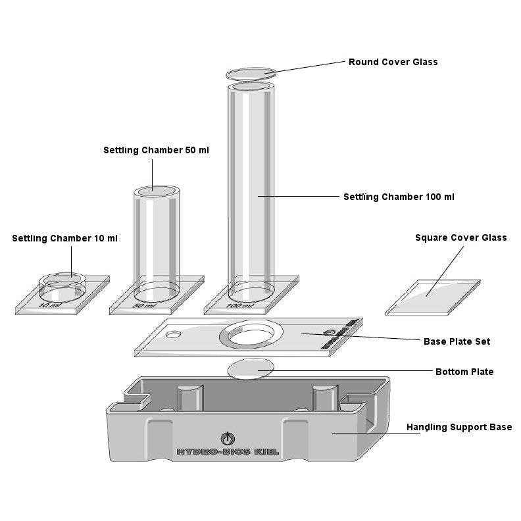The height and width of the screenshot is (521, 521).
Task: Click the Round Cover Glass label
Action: (x=393, y=62)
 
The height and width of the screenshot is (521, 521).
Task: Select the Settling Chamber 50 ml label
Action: (x=156, y=150)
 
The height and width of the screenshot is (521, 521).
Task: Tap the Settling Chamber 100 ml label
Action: (x=399, y=197)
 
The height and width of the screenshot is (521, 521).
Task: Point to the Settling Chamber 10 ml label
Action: (x=64, y=238)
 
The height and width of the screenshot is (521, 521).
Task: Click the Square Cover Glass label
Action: (x=460, y=237)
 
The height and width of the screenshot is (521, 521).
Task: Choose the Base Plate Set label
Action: (x=457, y=341)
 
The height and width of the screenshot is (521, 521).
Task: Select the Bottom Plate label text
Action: (x=464, y=372)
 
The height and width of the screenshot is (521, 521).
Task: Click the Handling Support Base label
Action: (x=459, y=427)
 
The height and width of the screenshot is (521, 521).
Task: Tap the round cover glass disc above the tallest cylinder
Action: (x=250, y=73)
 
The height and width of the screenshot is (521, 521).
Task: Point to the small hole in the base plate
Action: (x=174, y=335)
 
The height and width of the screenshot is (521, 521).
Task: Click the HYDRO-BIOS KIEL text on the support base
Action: (x=227, y=452)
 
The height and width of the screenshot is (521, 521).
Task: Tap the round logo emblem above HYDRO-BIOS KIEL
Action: (x=227, y=437)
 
